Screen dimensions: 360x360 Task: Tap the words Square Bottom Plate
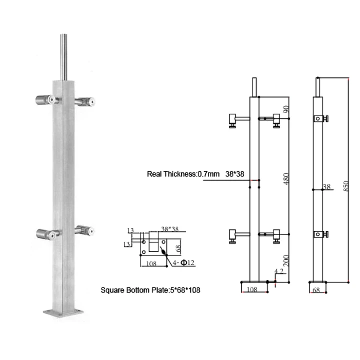point(131,289)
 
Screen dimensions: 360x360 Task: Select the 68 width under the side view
point(316,289)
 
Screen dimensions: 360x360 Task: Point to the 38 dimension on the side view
point(327,187)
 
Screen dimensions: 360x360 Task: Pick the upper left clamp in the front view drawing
point(234,119)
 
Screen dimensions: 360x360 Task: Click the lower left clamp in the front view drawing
point(234,234)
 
